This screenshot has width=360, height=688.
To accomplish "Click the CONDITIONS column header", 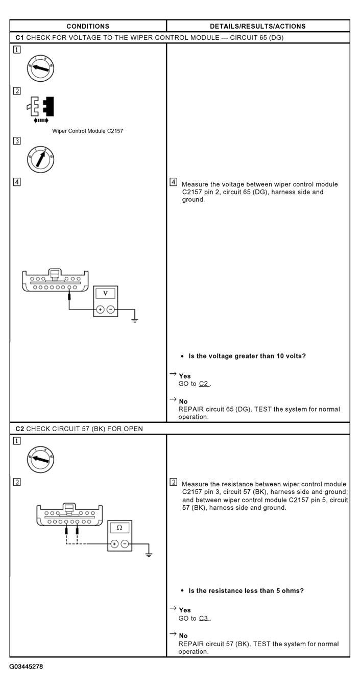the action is [x=88, y=26].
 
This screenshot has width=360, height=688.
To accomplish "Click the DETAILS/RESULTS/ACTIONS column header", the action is [x=258, y=26].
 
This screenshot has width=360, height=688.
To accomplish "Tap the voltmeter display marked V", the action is [x=105, y=293].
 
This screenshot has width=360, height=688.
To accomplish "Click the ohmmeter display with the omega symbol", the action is [x=119, y=527].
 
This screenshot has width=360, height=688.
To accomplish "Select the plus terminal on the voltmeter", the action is [x=100, y=310].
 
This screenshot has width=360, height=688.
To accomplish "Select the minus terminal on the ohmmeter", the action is [x=125, y=544].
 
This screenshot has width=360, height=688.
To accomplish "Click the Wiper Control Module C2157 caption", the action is [x=87, y=131].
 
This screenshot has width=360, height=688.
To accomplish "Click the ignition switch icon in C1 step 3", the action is [x=40, y=159].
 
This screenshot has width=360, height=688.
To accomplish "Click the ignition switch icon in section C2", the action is [x=40, y=460].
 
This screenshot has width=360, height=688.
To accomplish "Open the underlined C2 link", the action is [x=204, y=384].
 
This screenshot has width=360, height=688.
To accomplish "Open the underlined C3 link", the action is [x=204, y=618].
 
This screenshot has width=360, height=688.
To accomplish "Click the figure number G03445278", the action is [x=26, y=667].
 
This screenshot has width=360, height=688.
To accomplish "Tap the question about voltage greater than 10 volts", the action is [x=247, y=356].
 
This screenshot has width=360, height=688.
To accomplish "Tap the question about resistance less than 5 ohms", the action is [x=246, y=590].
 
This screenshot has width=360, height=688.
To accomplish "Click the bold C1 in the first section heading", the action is [x=19, y=37].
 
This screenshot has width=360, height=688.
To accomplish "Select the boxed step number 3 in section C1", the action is [x=17, y=141].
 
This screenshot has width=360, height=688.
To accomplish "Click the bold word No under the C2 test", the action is [x=183, y=635].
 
